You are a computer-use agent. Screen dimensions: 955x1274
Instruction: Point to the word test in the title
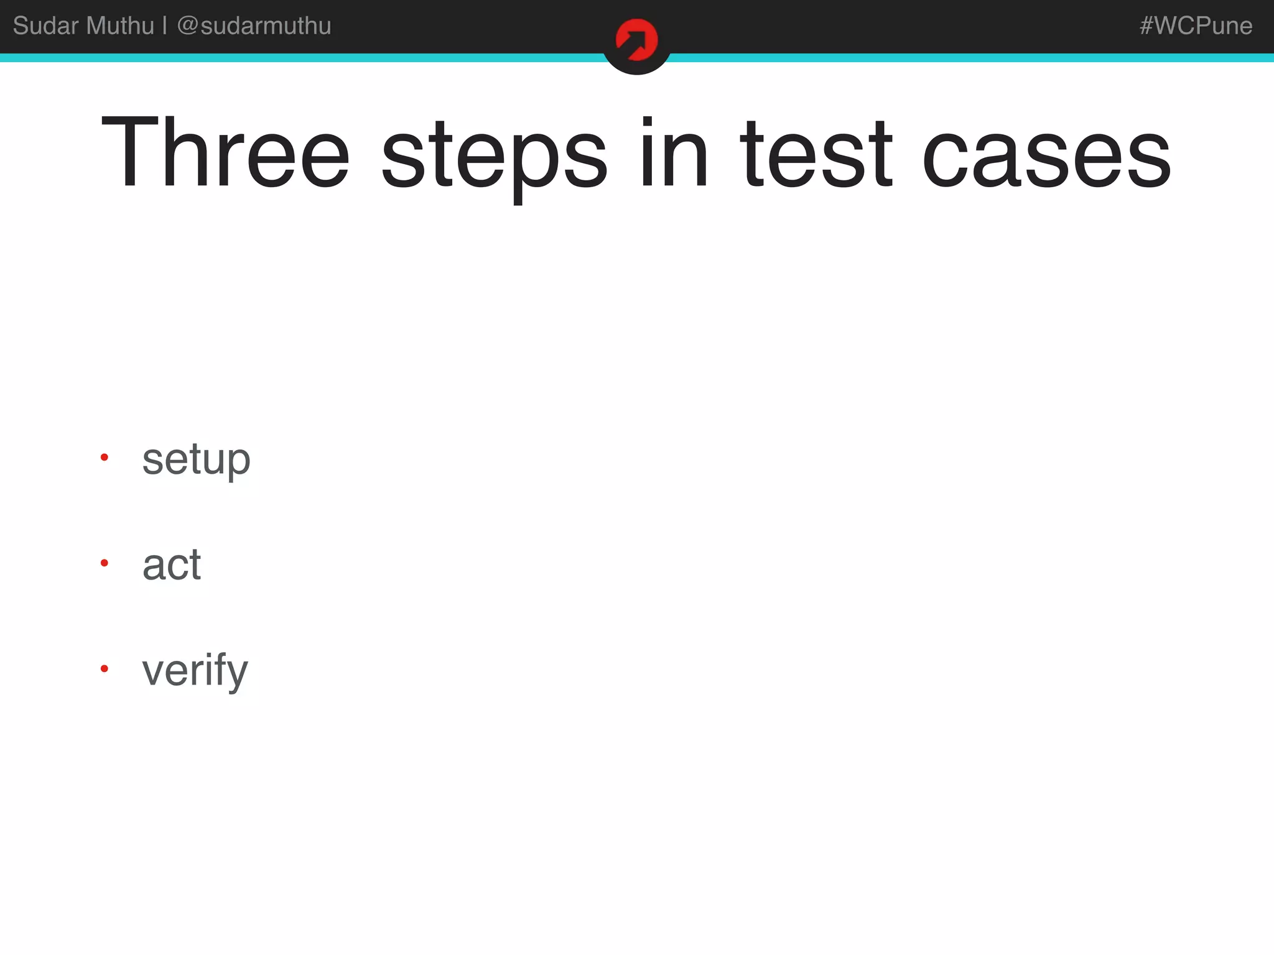click(x=816, y=154)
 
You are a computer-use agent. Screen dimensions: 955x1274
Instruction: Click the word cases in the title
click(x=1046, y=155)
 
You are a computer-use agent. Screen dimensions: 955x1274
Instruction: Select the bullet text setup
click(x=196, y=460)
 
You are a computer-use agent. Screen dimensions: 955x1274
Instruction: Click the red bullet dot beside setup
click(x=105, y=458)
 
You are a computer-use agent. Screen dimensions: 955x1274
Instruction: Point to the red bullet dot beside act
click(x=105, y=563)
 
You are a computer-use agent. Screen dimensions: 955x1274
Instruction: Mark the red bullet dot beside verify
click(x=105, y=669)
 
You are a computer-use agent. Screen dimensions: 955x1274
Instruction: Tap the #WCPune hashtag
click(x=1196, y=26)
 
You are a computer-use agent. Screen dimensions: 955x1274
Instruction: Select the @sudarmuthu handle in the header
click(x=254, y=26)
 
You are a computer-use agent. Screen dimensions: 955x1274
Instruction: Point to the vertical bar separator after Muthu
click(x=165, y=26)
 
